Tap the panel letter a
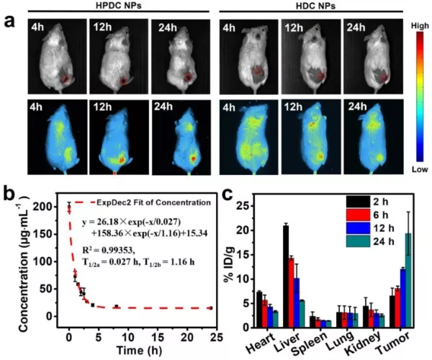pos(9,20)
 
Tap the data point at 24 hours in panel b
pos(210,307)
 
